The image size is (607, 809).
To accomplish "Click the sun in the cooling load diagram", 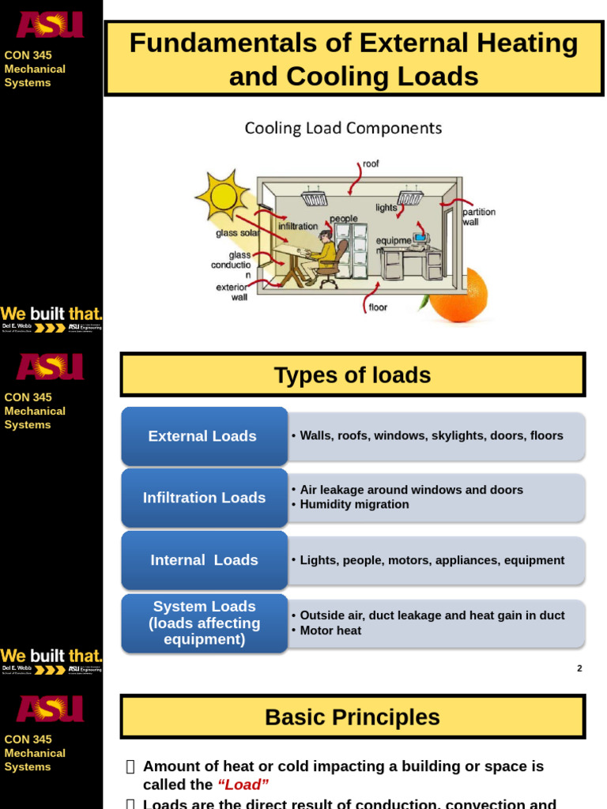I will [x=221, y=195].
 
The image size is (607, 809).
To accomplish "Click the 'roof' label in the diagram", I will [x=371, y=164].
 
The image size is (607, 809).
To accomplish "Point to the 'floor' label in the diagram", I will [x=378, y=307].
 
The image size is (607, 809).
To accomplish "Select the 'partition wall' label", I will [x=479, y=217].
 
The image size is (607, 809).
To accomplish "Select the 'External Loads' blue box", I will [x=203, y=436].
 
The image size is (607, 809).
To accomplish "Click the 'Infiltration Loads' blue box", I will [x=204, y=498].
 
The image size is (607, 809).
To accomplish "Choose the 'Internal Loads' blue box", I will [x=204, y=560].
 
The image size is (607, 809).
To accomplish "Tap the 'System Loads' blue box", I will [x=204, y=623].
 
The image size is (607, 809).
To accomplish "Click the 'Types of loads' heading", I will [x=353, y=375].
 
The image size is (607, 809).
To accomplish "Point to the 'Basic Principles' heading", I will [x=353, y=717].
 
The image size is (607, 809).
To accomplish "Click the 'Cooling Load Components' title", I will [x=343, y=128].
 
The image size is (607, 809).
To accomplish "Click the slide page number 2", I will [x=579, y=668].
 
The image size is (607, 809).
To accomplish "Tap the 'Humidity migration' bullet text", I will [x=354, y=505].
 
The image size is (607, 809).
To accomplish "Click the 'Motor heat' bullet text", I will [x=330, y=630].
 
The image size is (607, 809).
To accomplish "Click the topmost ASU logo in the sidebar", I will [x=50, y=25].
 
